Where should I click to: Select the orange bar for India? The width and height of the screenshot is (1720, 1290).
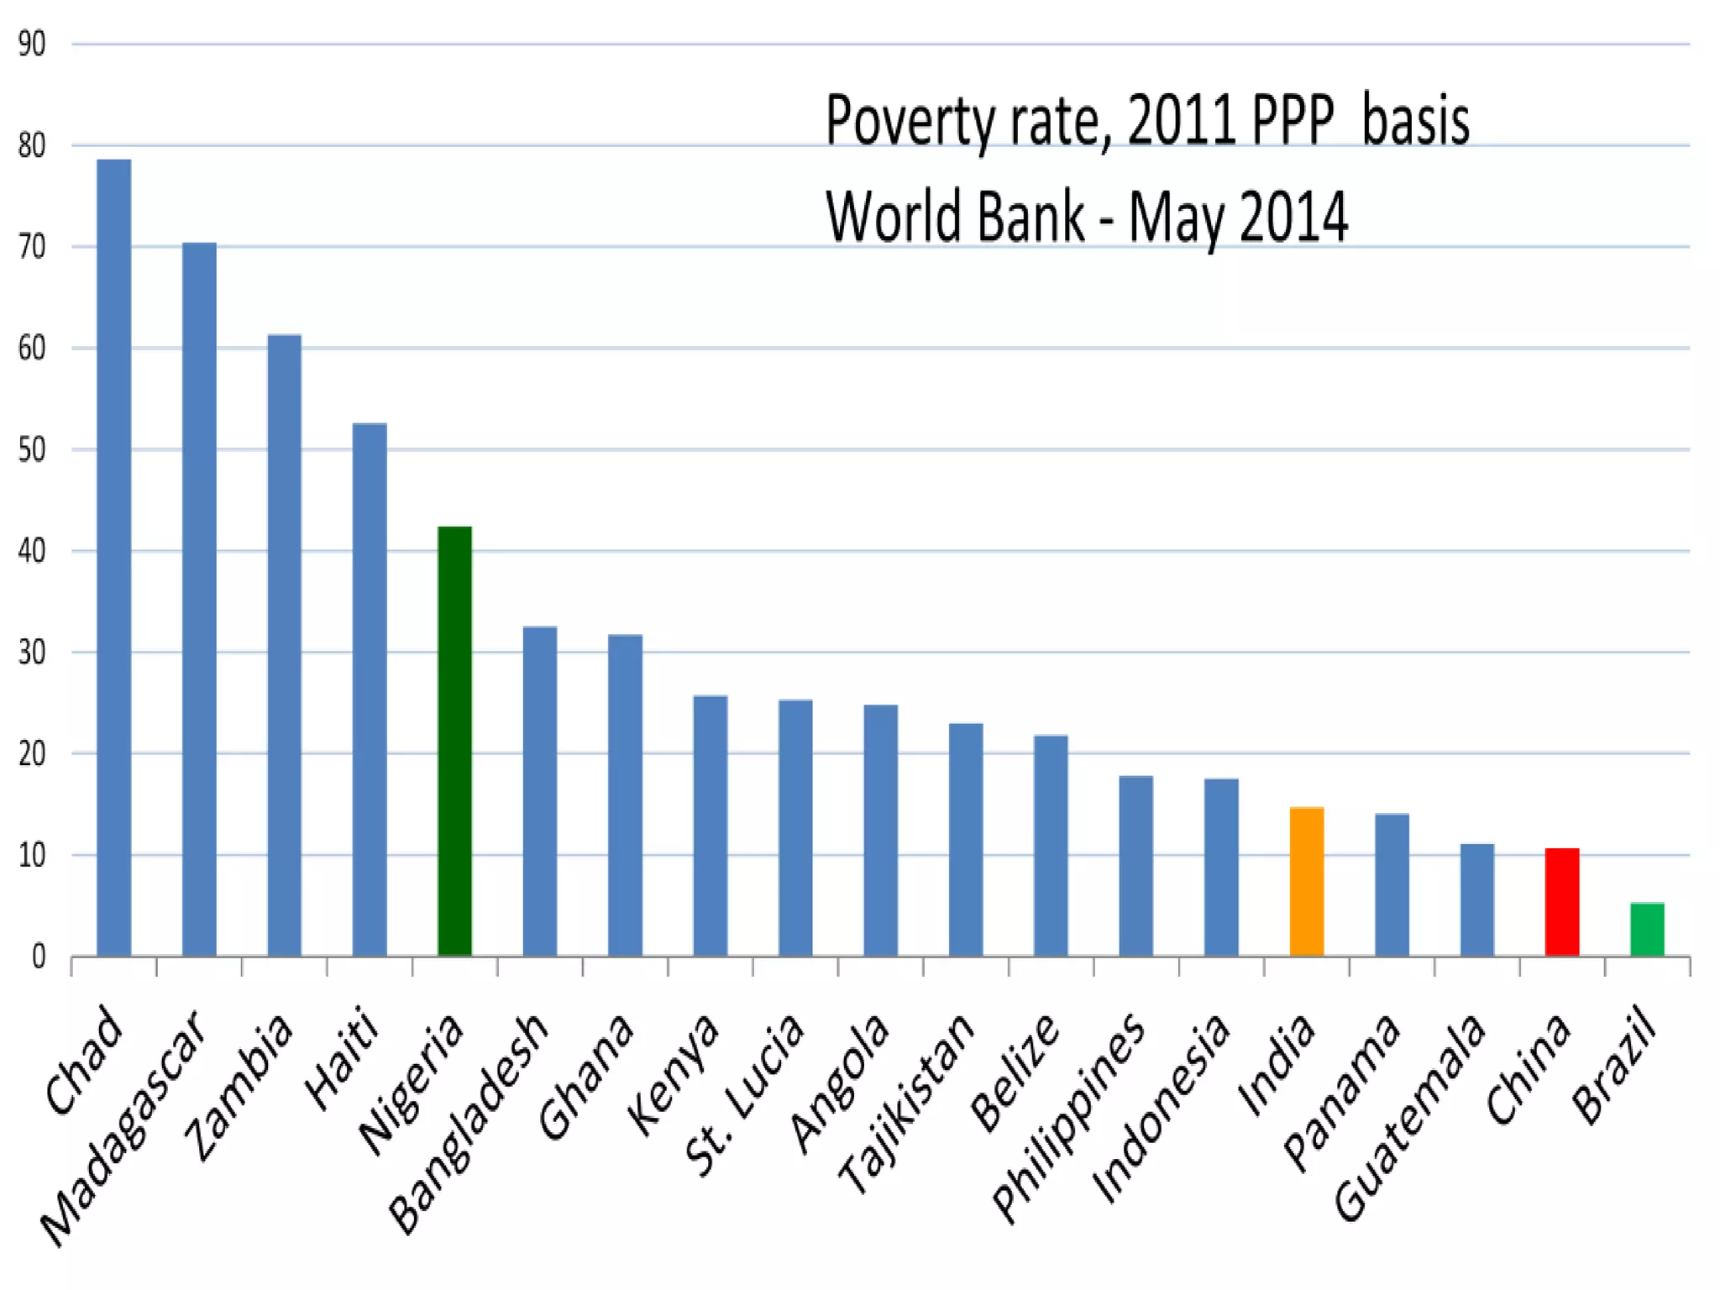click(x=1307, y=882)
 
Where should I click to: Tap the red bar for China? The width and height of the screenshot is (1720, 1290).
click(x=1562, y=902)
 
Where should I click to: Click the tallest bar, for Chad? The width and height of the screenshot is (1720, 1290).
click(x=114, y=558)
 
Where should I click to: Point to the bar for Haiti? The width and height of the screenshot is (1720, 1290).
click(x=370, y=690)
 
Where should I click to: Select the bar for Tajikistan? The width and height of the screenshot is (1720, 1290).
click(x=966, y=839)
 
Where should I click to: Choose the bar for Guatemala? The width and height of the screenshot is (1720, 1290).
click(x=1476, y=899)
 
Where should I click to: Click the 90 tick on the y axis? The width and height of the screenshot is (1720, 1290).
click(x=32, y=44)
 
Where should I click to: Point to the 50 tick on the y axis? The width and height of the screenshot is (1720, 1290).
click(x=32, y=450)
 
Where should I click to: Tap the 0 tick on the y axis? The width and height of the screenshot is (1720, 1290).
click(x=39, y=957)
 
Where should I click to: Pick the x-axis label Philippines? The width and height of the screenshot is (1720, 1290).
click(x=1068, y=1118)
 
